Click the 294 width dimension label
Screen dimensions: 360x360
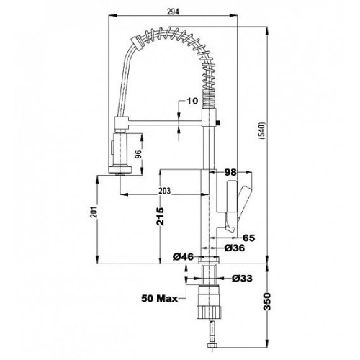coord(173,12)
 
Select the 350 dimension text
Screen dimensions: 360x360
coord(267,302)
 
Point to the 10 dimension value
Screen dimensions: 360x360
coord(192,101)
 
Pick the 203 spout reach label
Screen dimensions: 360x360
coord(165,191)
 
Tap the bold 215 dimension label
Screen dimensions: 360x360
coord(160,217)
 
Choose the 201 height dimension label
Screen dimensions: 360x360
coord(94,212)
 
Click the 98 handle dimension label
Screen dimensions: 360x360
coord(230,172)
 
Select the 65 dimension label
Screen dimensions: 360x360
coord(249,238)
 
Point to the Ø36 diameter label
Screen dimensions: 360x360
coord(235,248)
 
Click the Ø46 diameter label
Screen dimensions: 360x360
coord(183,257)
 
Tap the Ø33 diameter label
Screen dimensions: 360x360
coord(242,279)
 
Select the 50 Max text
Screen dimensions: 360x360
coord(160,298)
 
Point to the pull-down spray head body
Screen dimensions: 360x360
coord(121,150)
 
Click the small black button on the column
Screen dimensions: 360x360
coord(218,123)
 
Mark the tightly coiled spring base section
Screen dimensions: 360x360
coord(210,98)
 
